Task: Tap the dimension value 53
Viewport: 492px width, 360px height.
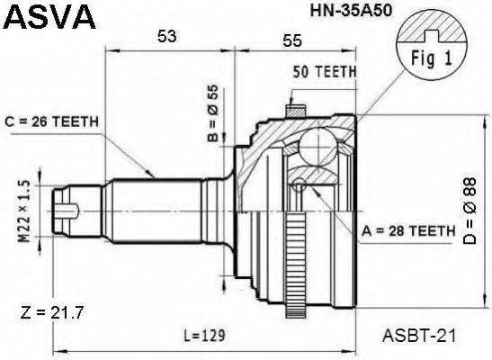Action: tap(165, 35)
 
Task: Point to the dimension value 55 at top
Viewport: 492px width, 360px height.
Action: tap(291, 40)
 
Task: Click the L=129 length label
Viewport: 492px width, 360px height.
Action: tap(202, 335)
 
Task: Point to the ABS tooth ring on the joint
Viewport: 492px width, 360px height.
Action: tap(293, 270)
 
